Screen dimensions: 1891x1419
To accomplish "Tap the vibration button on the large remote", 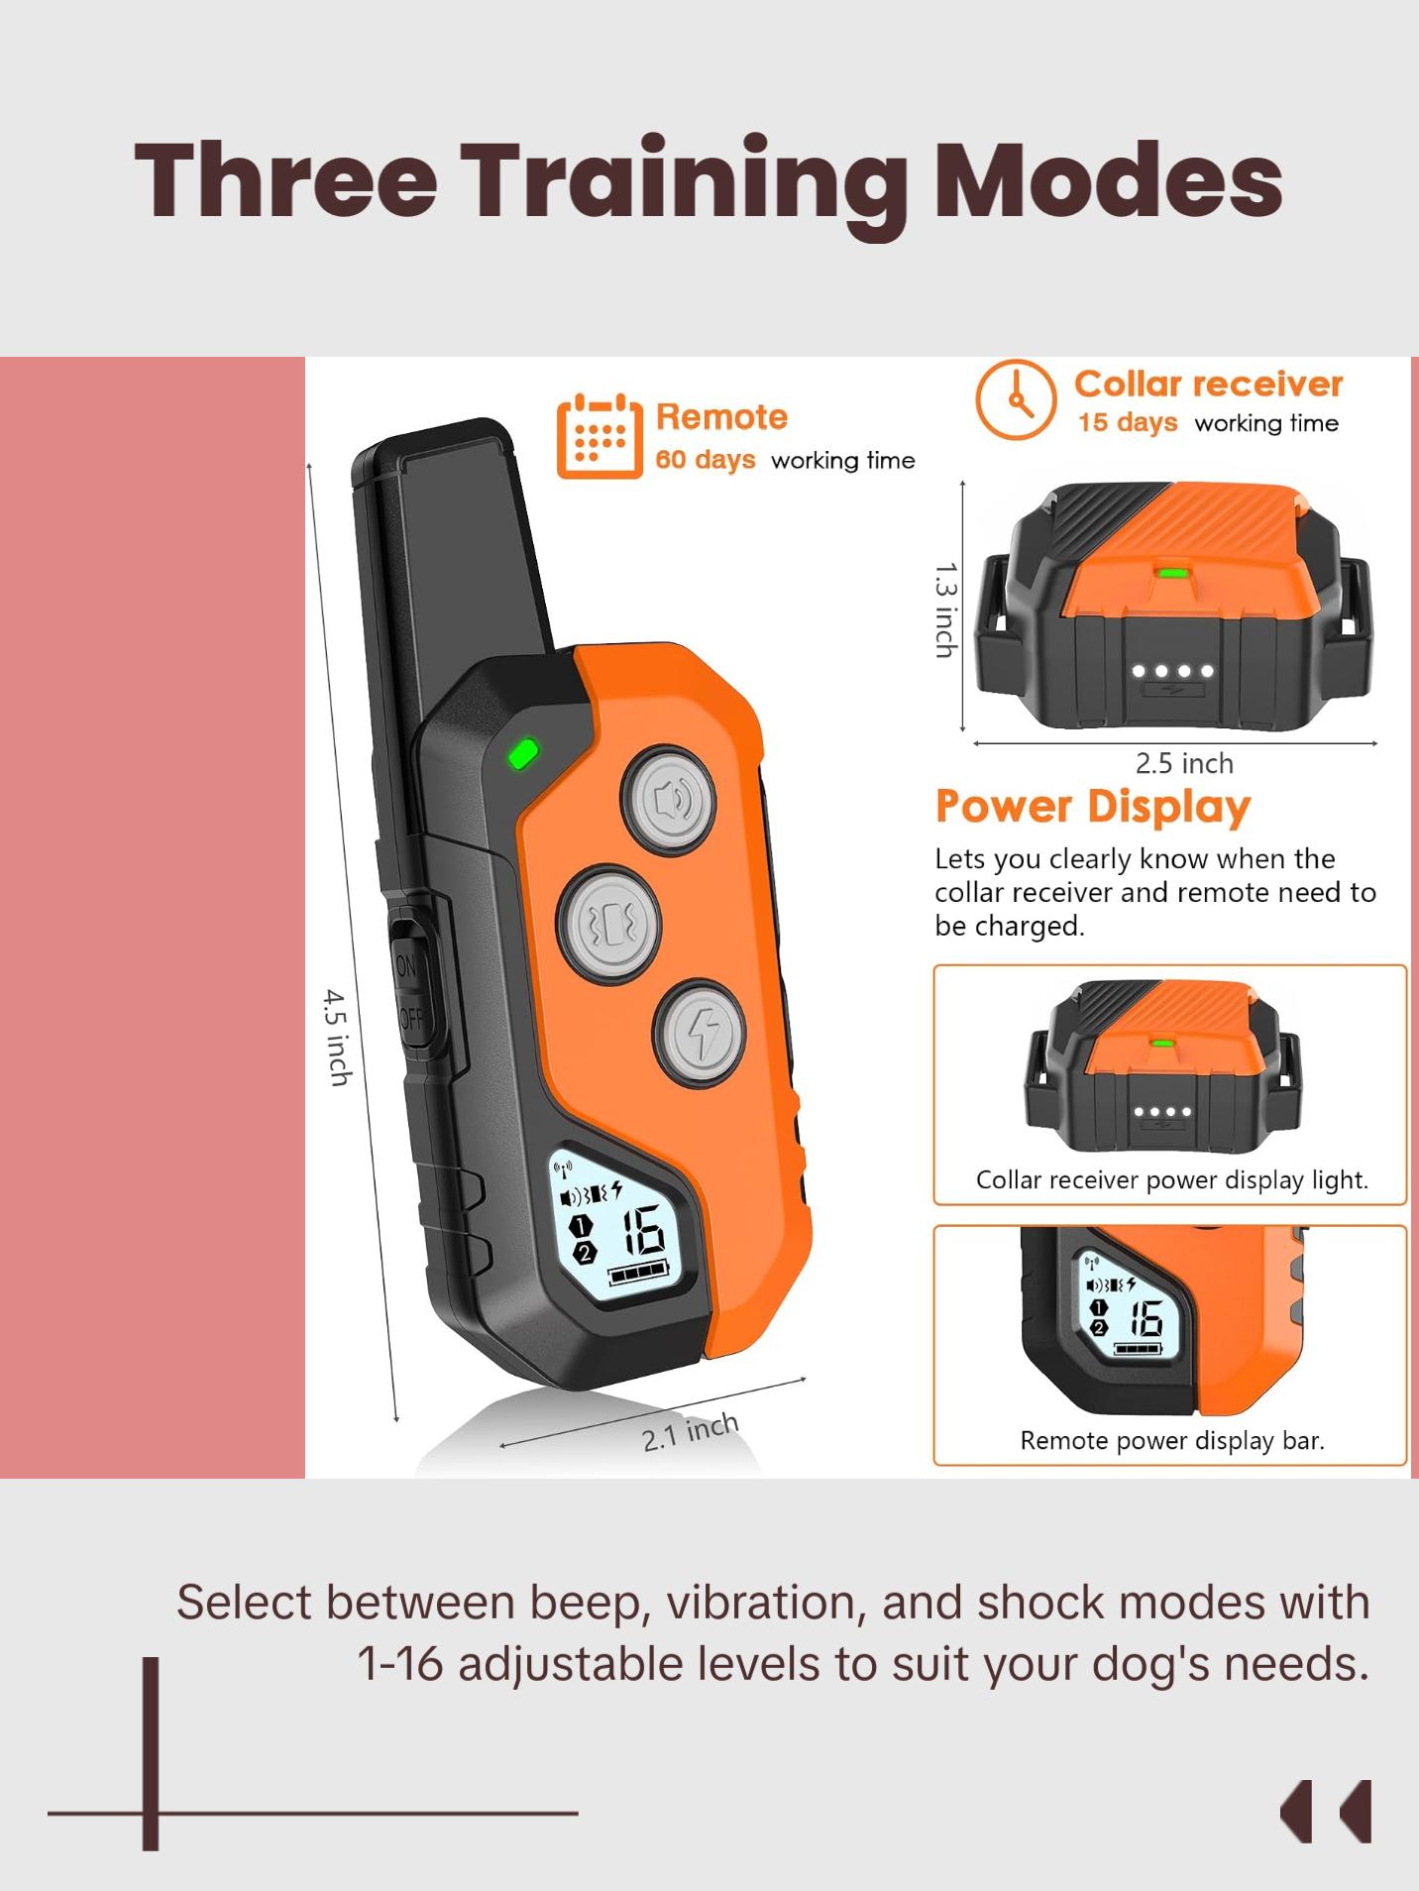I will pos(609,923).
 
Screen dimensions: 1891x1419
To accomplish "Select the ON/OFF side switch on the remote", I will pos(409,992).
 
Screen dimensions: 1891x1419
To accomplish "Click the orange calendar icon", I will pos(599,436).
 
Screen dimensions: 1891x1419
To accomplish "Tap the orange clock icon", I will pos(1015,399).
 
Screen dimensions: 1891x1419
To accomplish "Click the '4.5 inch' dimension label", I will pos(339,1037).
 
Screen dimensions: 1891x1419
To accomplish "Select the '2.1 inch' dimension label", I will pos(690,1432).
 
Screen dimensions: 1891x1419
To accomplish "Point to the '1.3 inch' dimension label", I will pos(945,610).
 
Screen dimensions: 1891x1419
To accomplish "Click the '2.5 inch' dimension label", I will pos(1184,763).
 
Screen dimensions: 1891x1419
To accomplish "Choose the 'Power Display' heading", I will pos(1093,807).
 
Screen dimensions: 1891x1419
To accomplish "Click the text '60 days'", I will pos(705,460).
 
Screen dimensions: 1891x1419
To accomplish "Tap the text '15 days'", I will pos(1128,423).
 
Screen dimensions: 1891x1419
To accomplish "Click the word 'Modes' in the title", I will pos(1109,179).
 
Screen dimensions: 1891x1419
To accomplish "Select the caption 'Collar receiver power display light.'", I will pos(1171,1179).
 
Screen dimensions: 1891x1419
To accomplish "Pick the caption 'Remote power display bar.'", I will pos(1171,1440).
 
